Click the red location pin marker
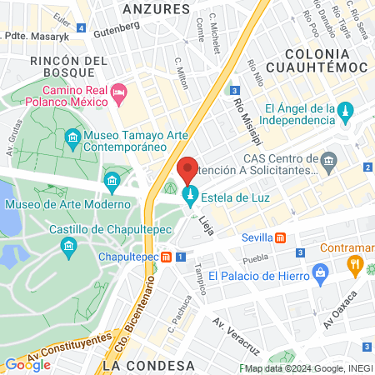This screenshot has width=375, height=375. pos(187,170)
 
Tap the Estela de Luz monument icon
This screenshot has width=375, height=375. pos(189,197)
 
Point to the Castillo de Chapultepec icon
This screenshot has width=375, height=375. pos(68,245)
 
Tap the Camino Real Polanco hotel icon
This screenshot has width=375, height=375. pos(117,90)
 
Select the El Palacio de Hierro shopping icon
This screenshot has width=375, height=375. pos(319,273)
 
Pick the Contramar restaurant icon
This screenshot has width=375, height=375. pos(355,265)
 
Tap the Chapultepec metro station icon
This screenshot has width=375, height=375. pos(167,257)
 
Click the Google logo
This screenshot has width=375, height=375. pos(27,364)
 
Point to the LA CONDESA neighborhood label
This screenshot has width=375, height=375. pos(140,365)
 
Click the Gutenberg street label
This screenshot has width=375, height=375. pos(117,27)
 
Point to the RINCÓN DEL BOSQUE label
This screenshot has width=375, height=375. pos(68,67)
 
